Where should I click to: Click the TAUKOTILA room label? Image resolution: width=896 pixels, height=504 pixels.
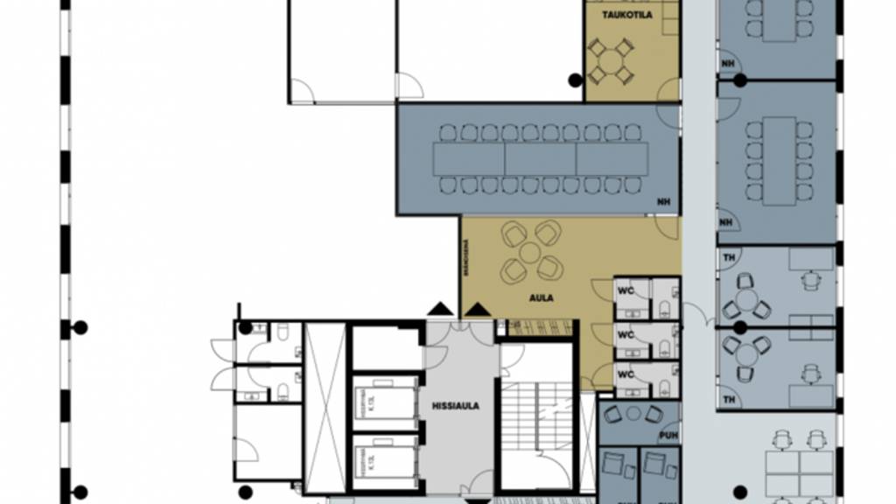click(x=626, y=15)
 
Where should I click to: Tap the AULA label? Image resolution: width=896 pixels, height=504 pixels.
click(x=541, y=297)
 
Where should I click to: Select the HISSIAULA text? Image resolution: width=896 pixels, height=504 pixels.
click(x=455, y=406)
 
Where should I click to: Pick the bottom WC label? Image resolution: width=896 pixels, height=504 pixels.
click(x=626, y=374)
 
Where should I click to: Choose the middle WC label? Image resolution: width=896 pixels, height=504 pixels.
click(x=626, y=332)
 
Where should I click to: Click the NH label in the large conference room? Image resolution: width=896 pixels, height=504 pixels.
click(x=664, y=204)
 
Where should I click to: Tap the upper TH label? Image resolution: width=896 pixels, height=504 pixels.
click(x=728, y=257)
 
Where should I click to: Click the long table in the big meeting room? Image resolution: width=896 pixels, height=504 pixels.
click(x=540, y=159)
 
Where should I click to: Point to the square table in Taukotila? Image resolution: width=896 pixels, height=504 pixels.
click(x=610, y=61)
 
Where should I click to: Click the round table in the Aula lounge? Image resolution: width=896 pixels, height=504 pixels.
click(x=529, y=252)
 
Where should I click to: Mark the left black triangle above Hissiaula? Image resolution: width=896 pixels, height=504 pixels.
click(x=441, y=308)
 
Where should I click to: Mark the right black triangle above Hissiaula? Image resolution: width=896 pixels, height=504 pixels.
click(x=477, y=308)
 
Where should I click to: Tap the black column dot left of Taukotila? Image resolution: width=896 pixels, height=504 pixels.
click(x=574, y=80)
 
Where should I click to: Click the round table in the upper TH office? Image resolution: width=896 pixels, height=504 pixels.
click(x=746, y=297)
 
